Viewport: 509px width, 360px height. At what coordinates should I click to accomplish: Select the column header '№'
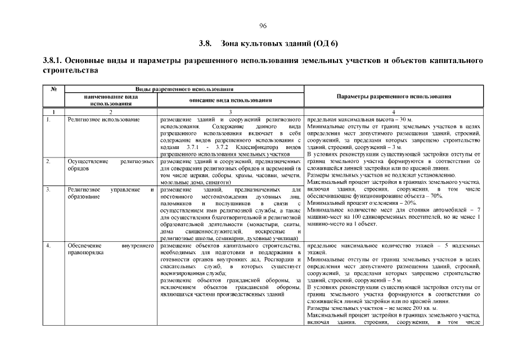pos(55,89)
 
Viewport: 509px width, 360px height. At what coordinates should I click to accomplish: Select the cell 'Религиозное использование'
pos(96,120)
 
